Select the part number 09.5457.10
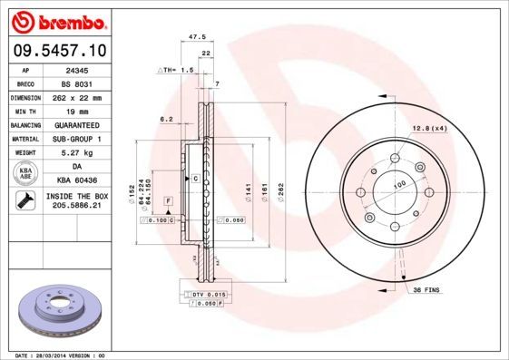tap(56, 51)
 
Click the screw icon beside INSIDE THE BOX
tap(25, 202)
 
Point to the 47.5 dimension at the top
tap(192, 38)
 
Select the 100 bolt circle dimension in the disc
tap(397, 184)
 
